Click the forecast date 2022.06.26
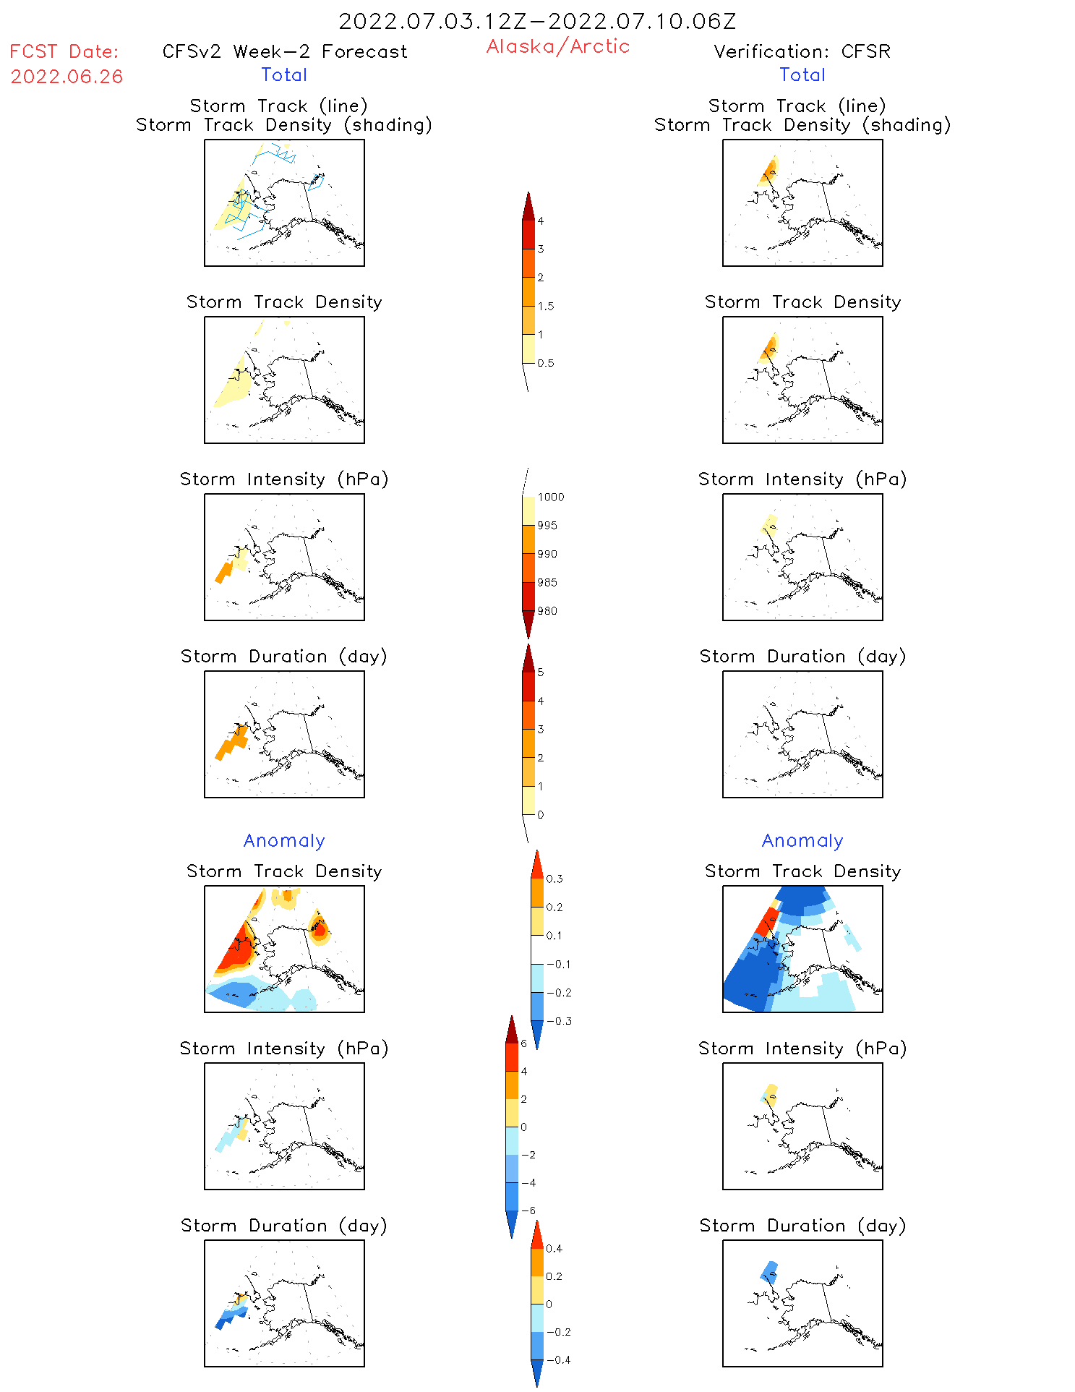pyautogui.click(x=67, y=77)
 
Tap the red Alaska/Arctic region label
pyautogui.click(x=557, y=46)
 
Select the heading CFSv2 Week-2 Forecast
pyautogui.click(x=285, y=52)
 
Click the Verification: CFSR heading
pyautogui.click(x=802, y=52)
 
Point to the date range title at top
pyautogui.click(x=537, y=22)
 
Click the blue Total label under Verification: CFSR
pyautogui.click(x=802, y=75)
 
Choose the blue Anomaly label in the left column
pyautogui.click(x=284, y=840)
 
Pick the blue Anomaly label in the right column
pyautogui.click(x=802, y=840)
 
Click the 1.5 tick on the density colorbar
pyautogui.click(x=546, y=307)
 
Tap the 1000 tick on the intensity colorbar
pyautogui.click(x=550, y=498)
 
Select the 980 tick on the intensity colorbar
pyautogui.click(x=547, y=611)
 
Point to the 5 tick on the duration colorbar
pyautogui.click(x=541, y=672)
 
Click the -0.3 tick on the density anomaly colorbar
pyautogui.click(x=559, y=1021)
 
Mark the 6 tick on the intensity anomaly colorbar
pyautogui.click(x=524, y=1043)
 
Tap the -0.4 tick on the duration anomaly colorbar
pyautogui.click(x=558, y=1360)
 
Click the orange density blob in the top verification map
pyautogui.click(x=770, y=171)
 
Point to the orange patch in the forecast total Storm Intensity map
pyautogui.click(x=224, y=572)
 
